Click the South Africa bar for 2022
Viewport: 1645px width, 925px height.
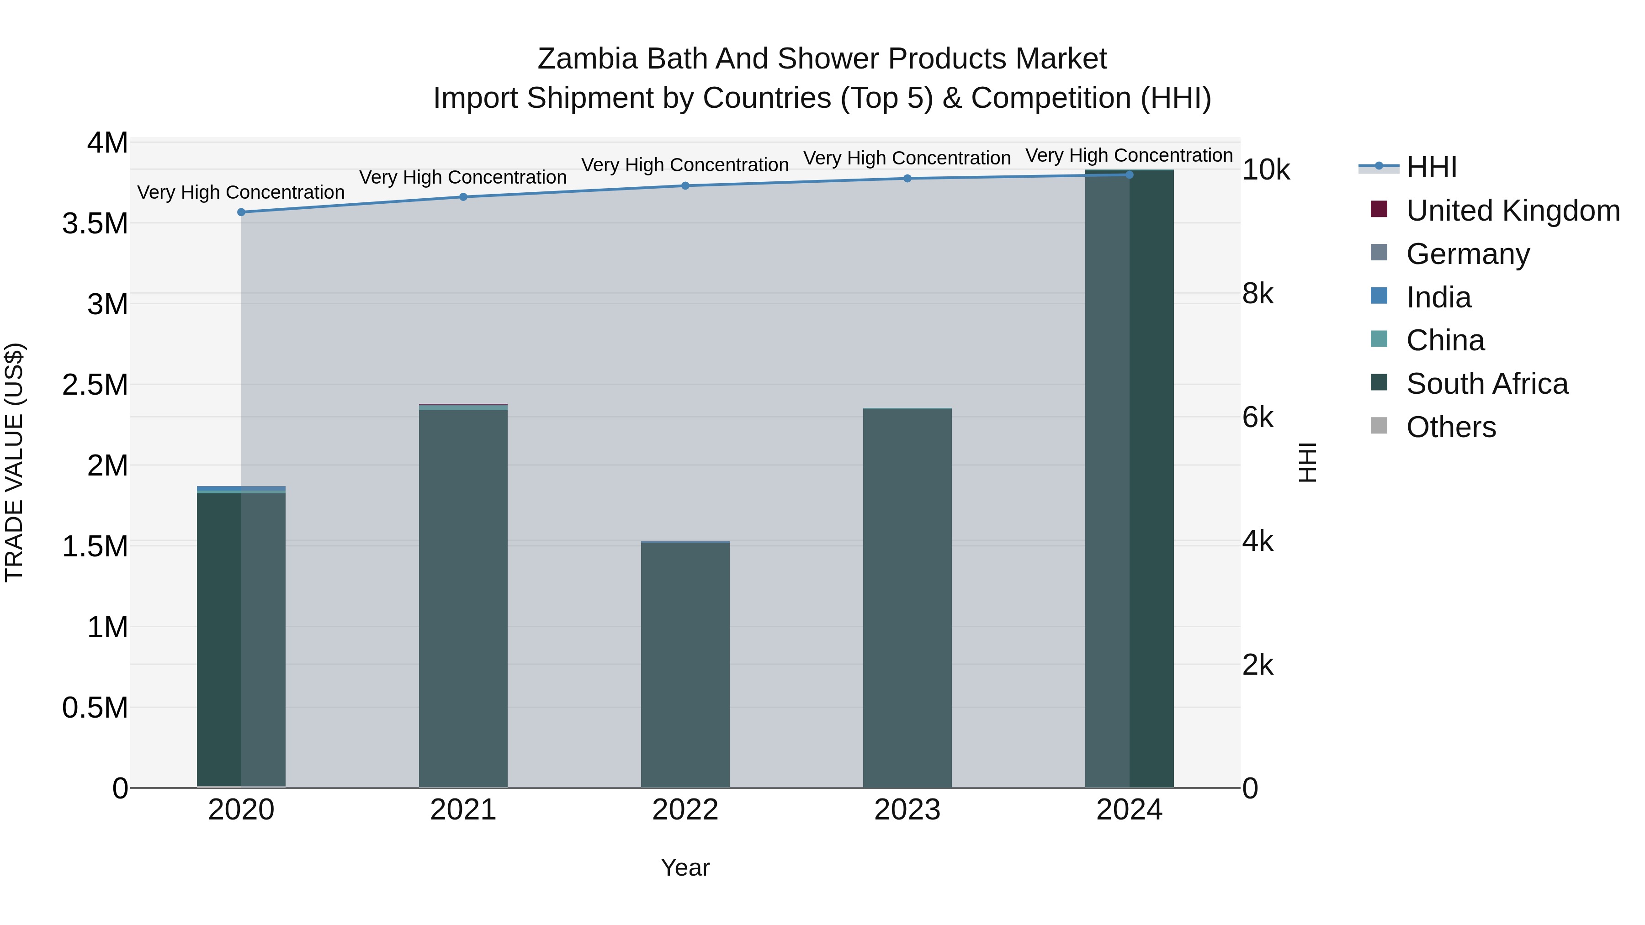click(x=685, y=664)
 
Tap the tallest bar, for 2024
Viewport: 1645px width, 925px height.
click(x=1129, y=479)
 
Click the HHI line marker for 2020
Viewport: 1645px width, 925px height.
click(x=241, y=212)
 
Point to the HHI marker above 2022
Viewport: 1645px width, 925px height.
click(x=685, y=186)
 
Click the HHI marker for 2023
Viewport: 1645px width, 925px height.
click(x=907, y=178)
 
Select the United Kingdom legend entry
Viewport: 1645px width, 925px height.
click(x=1512, y=211)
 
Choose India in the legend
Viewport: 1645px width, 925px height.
click(x=1438, y=297)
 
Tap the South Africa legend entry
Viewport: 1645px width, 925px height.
click(x=1486, y=384)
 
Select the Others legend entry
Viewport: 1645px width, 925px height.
click(x=1450, y=427)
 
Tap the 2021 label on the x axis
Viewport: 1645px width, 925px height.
click(x=463, y=810)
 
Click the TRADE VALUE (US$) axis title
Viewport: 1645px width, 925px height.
click(x=14, y=462)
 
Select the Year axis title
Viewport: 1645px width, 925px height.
click(x=685, y=867)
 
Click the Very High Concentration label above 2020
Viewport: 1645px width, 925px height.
click(x=241, y=192)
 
